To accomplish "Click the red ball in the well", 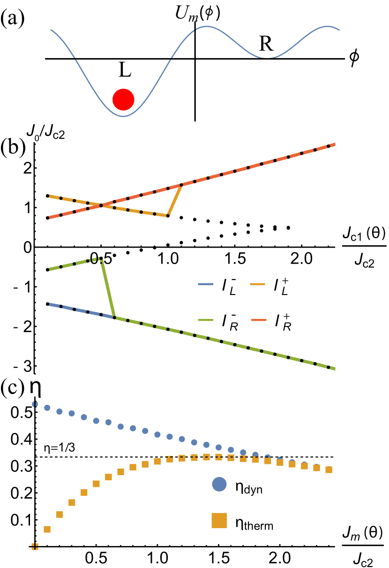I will click(123, 99).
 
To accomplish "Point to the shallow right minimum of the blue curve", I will click(267, 58).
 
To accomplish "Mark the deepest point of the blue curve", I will click(123, 116).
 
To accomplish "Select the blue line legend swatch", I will click(205, 284).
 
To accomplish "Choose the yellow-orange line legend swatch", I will click(257, 284).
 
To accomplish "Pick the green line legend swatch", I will click(205, 320).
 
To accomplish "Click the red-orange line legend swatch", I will click(259, 320).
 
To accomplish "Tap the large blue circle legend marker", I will click(219, 484).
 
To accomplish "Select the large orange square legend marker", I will click(219, 520).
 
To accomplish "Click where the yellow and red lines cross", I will click(101, 205).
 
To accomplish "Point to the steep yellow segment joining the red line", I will click(175, 200).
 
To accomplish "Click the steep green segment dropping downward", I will click(108, 288).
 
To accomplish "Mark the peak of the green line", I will click(101, 258).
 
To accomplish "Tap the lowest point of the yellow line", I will click(168, 216).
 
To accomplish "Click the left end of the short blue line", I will click(47, 304).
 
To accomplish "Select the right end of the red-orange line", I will click(335, 144).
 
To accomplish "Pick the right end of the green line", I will click(335, 369).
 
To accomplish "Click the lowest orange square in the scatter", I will click(35, 546).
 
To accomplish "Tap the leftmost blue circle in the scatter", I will click(35, 404).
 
